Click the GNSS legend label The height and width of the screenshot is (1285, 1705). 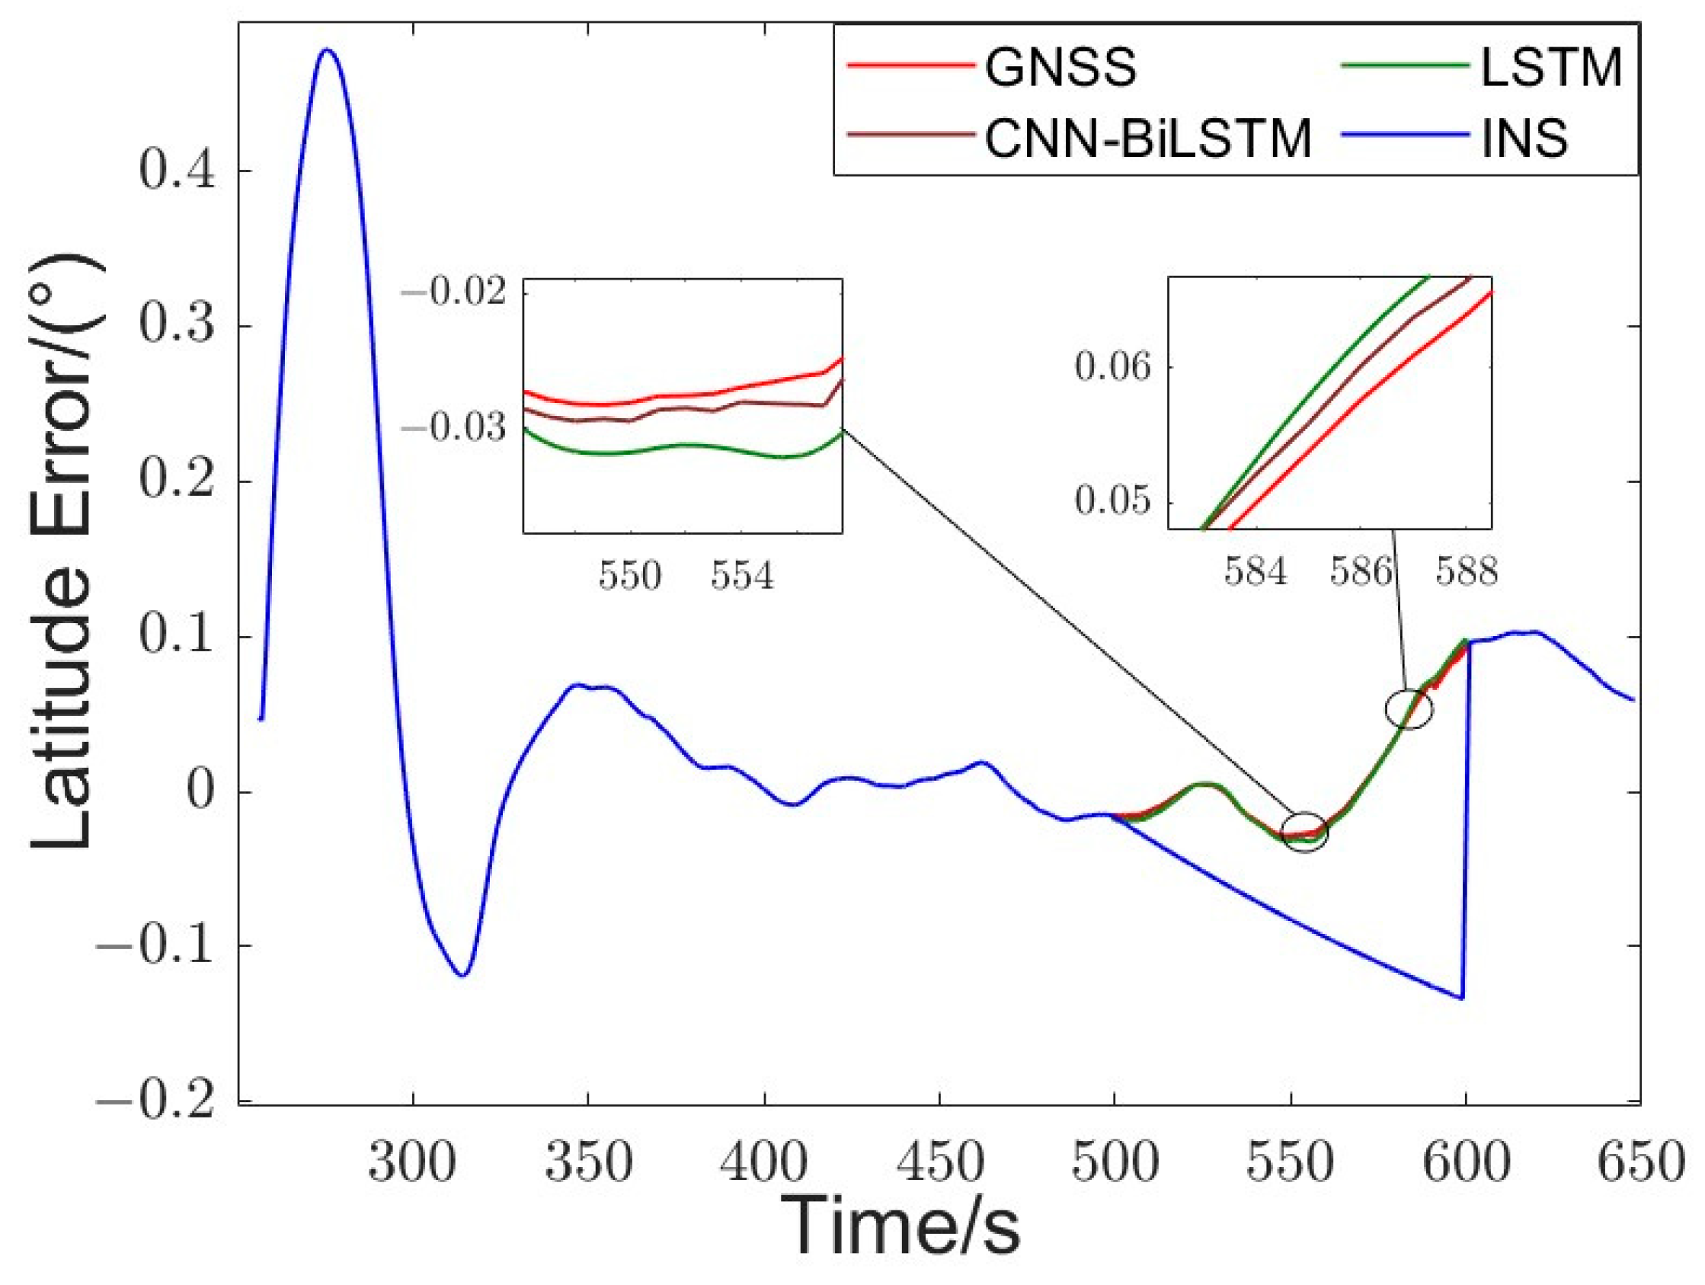tap(1060, 69)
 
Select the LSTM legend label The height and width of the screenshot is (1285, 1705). tap(1552, 69)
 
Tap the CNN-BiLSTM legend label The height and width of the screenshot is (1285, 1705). tap(1149, 140)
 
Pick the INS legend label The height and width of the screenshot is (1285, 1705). tap(1524, 140)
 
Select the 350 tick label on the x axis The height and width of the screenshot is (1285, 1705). tap(588, 1162)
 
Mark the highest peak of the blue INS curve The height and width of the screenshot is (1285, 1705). tap(328, 50)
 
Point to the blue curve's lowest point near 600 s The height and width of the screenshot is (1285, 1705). tap(1461, 998)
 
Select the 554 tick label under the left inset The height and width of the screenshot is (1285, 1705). tap(741, 576)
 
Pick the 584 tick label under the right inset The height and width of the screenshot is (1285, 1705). tap(1256, 572)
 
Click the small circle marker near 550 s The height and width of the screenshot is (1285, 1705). tap(1304, 833)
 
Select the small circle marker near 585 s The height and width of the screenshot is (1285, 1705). tap(1409, 709)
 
